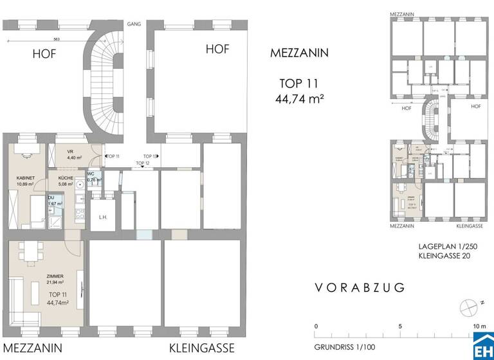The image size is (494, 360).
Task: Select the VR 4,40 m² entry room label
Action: [x=74, y=154]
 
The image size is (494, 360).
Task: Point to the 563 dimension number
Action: [x=56, y=39]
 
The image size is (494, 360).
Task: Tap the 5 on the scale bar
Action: [x=400, y=327]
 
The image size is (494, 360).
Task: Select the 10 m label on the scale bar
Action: [x=479, y=327]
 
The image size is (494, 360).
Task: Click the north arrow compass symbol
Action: [x=468, y=305]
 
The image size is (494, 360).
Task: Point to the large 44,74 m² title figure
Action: [x=298, y=98]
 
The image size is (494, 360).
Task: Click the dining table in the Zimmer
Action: [x=28, y=251]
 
